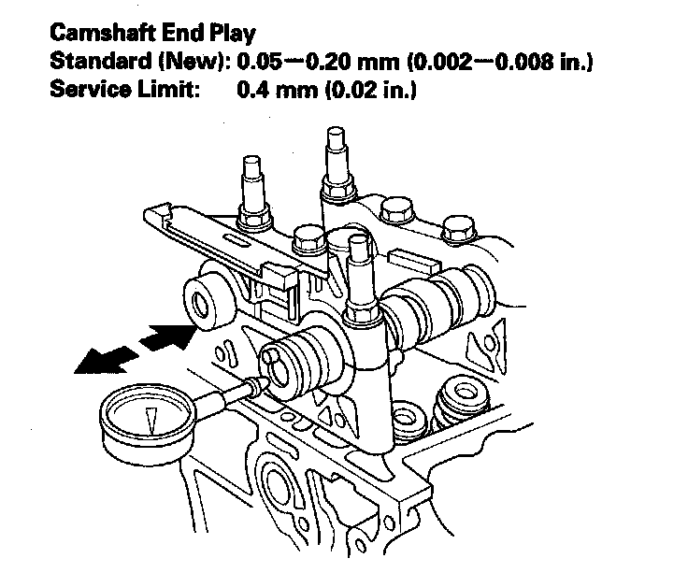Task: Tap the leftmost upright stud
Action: click(252, 187)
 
